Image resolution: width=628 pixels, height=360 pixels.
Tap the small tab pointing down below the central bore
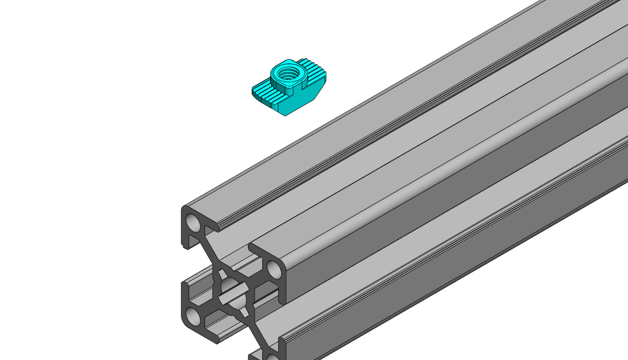pyautogui.click(x=244, y=313)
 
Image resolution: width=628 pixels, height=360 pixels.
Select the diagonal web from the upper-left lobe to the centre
pyautogui.click(x=211, y=254)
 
